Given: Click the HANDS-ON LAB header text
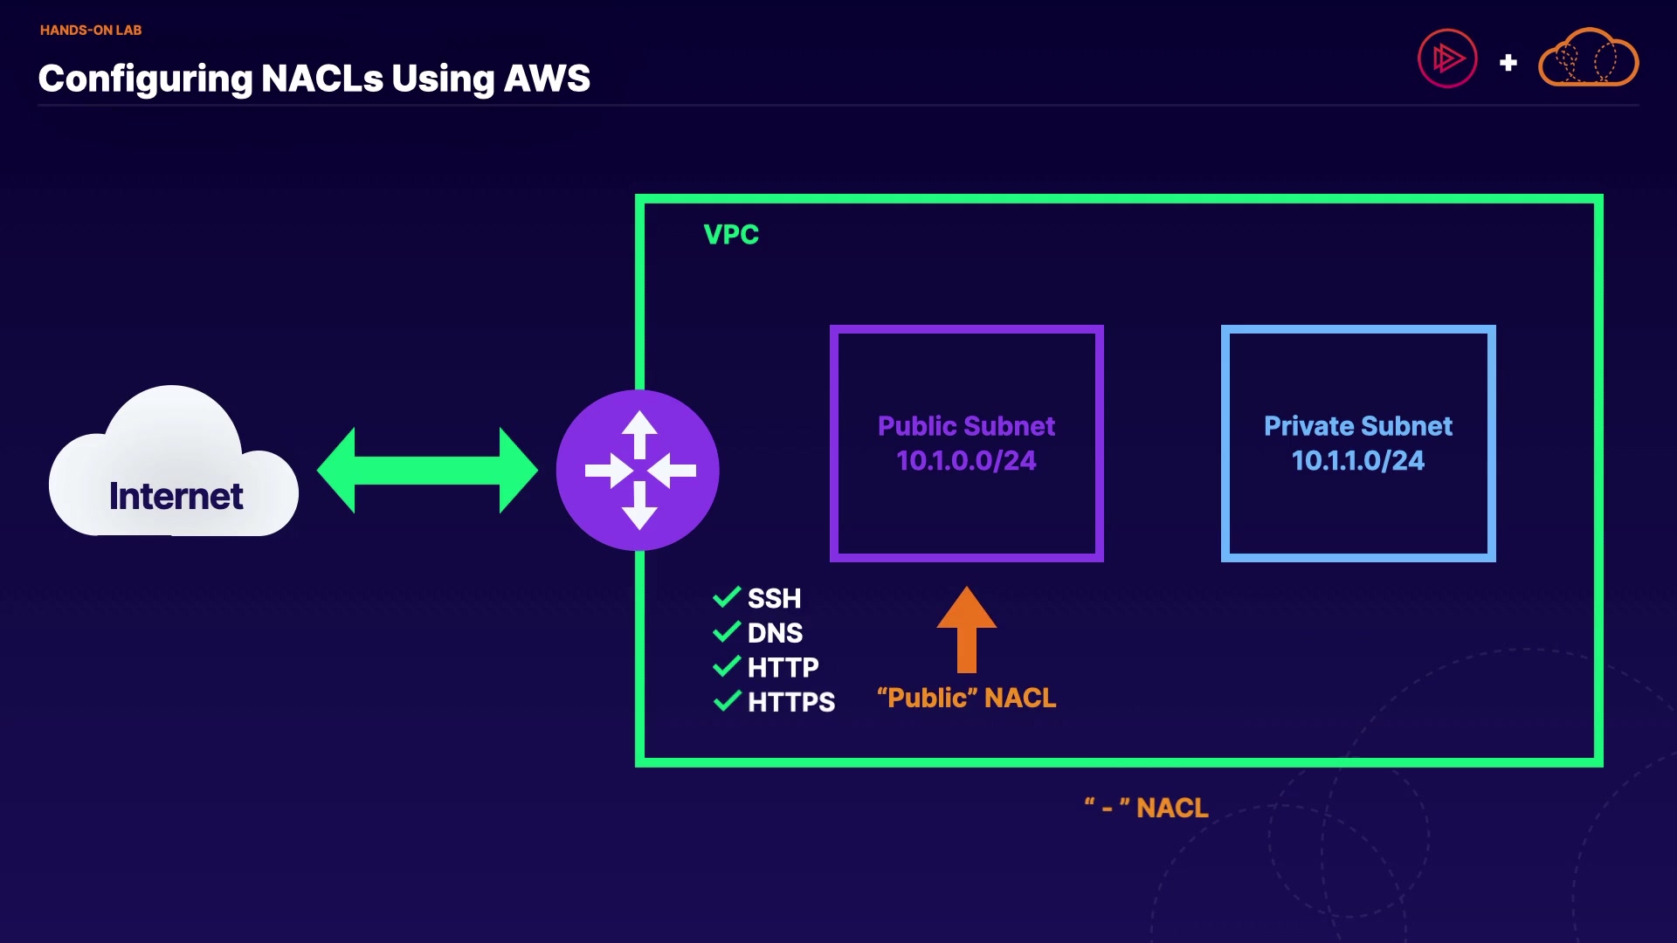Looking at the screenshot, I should pos(91,30).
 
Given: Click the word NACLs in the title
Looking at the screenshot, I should pos(321,79).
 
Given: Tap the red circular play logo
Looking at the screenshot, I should pos(1446,59).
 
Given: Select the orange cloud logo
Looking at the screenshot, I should pos(1588,59).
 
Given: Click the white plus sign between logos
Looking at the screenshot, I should pos(1508,63).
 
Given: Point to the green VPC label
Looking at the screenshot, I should pos(731,234).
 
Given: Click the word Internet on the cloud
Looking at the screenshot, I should pos(176,496).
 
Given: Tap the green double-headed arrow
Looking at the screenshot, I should pos(427,470).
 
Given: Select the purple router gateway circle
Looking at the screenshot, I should pos(638,470).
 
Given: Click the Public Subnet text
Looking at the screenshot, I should pos(966,426).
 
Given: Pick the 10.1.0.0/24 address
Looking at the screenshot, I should pos(966,460).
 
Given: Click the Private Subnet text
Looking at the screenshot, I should pos(1357,426).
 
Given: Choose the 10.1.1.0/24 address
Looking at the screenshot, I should pos(1357,460).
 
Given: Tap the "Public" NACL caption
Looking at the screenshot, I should pos(966,698).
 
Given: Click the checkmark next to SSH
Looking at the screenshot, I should pos(727,597).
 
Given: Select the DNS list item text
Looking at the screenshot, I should pos(775,632).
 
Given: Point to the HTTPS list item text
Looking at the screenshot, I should pos(791,702).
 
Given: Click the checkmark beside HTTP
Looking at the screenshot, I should pos(727,667).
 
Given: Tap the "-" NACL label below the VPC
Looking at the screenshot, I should pos(1146,808).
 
